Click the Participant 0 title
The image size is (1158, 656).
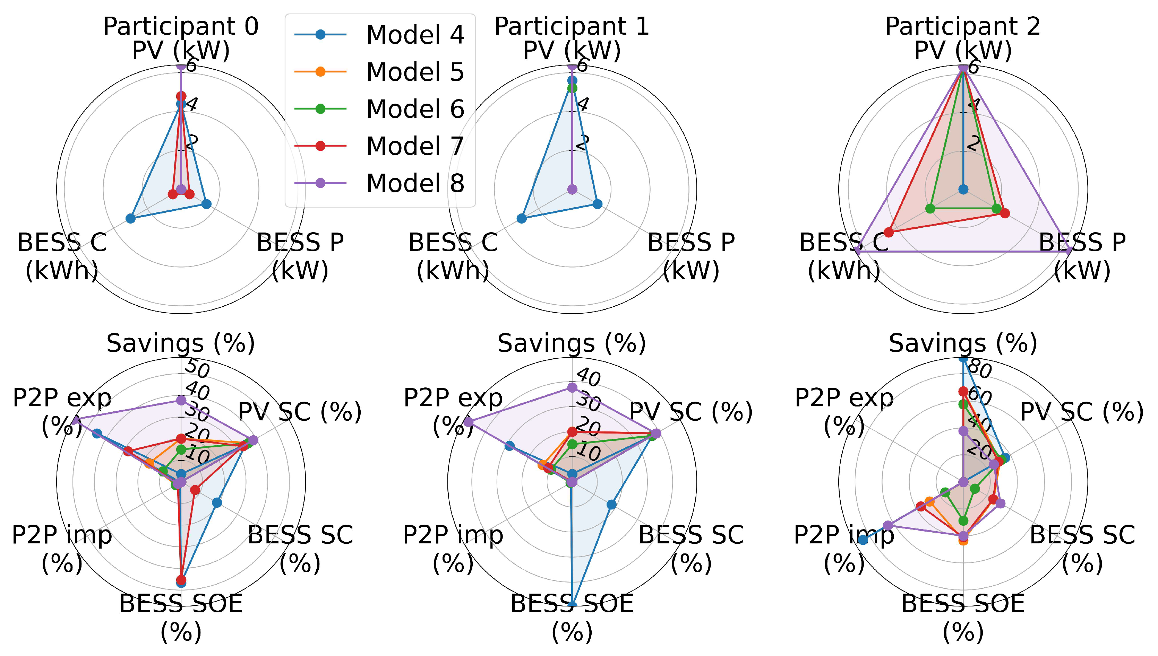click(x=181, y=26)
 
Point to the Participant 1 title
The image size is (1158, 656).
click(x=572, y=26)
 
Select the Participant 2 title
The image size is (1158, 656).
click(x=963, y=26)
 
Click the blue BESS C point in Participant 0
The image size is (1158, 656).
click(x=130, y=219)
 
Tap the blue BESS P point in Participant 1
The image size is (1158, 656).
click(x=597, y=204)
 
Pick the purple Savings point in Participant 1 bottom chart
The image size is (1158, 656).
click(x=572, y=387)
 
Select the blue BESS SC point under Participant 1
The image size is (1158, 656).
click(x=611, y=505)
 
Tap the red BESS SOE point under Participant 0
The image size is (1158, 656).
click(x=181, y=579)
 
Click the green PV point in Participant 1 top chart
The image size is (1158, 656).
click(x=572, y=88)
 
